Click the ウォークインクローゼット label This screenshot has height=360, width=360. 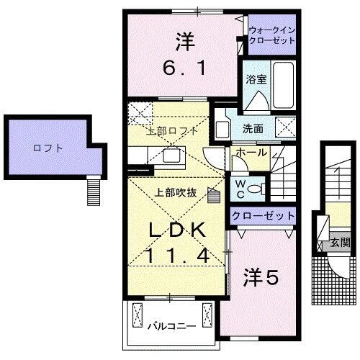pos(272,35)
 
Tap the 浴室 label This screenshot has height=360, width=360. pos(256,80)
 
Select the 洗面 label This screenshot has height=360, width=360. pos(251,130)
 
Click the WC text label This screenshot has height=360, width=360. pos(240,189)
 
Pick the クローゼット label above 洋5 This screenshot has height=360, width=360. pos(263,215)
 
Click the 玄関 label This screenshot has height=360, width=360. pos(339,243)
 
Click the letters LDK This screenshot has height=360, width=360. pos(179,230)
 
